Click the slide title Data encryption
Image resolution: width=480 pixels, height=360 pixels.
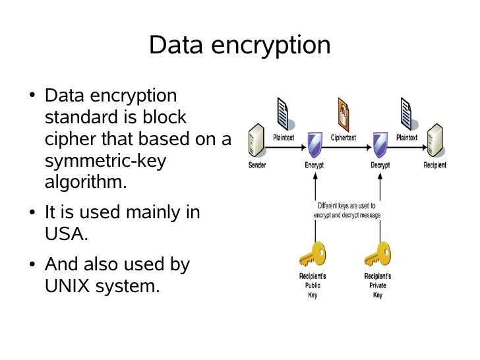pyautogui.click(x=239, y=45)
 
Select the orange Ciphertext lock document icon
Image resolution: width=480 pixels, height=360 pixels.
pyautogui.click(x=344, y=113)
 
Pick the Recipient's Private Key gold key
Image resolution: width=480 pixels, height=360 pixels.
pyautogui.click(x=377, y=254)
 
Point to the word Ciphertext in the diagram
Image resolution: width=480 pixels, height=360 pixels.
pyautogui.click(x=344, y=138)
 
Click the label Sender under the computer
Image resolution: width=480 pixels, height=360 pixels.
pyautogui.click(x=257, y=165)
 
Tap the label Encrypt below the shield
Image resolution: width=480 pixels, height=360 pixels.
pyautogui.click(x=314, y=165)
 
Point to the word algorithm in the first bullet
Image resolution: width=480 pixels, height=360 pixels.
pyautogui.click(x=85, y=182)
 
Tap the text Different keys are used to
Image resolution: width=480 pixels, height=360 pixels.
pyautogui.click(x=347, y=205)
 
